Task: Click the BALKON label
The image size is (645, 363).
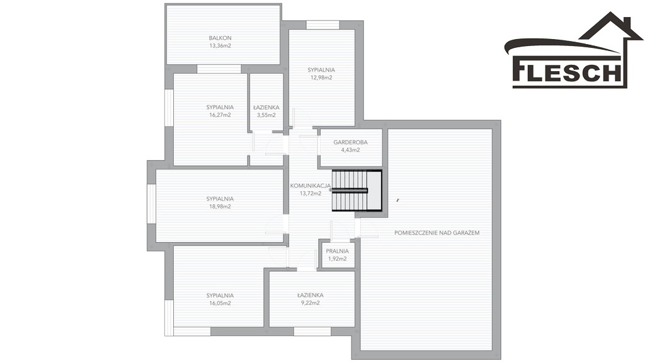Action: coord(220,38)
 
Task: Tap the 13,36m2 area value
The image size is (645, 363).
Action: coord(220,45)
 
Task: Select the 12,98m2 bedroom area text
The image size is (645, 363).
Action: coord(321,78)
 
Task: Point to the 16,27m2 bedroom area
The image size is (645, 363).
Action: coord(220,115)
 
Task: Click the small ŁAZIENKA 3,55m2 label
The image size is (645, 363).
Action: coord(266,111)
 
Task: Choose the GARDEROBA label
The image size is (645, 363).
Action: coord(350,142)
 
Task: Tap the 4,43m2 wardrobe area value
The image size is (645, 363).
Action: coord(350,150)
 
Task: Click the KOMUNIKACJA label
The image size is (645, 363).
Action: coord(311,186)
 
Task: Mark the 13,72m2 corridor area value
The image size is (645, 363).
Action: coord(311,193)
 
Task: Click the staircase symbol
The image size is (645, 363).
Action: coord(357,190)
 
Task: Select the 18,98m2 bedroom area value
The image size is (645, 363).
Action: coord(220,207)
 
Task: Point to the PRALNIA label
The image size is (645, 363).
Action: coord(338,251)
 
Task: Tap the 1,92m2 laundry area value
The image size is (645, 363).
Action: coord(338,259)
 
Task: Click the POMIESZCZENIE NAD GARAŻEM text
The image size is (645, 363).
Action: coord(437,233)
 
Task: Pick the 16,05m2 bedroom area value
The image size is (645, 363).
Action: coord(220,303)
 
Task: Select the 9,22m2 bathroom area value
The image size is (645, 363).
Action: coord(311,303)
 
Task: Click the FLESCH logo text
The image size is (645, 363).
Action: coord(567,72)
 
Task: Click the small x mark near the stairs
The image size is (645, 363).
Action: coord(398,200)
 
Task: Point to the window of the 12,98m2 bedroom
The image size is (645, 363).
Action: coord(323,25)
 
